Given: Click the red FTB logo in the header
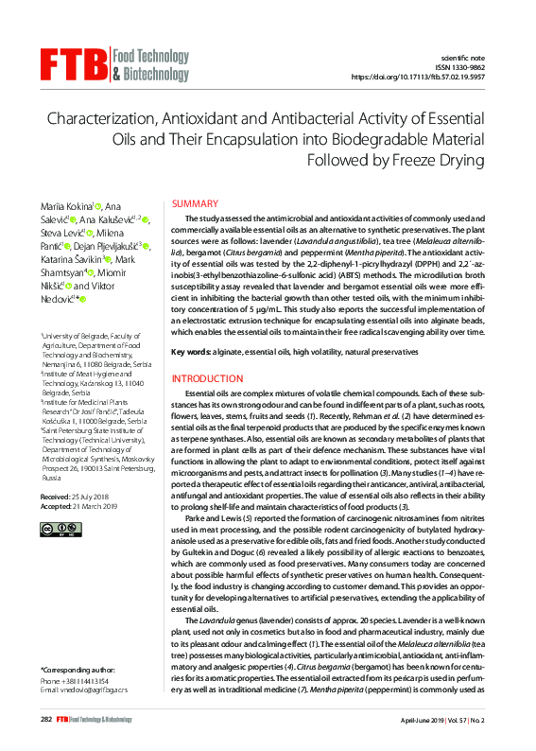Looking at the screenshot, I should pos(74,63).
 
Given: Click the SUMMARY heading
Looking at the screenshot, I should pos(195,204).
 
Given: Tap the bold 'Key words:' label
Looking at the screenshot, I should pos(191,352).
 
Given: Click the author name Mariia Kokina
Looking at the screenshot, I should pos(66,206).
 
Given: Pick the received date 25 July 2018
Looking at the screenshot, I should pos(91,496).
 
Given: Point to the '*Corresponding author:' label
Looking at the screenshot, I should pos(78,670).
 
